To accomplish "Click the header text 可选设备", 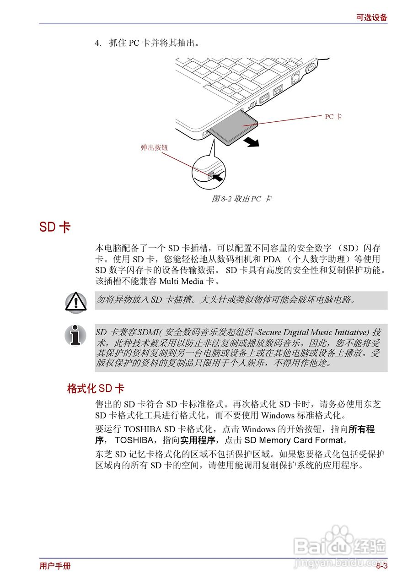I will coord(371,17).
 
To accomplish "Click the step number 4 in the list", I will coord(97,43).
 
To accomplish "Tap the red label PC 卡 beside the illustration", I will coord(333,117).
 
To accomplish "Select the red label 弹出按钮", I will coord(154,147).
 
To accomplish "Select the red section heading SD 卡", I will coord(54,227).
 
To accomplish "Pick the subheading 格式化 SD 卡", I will coord(95,389).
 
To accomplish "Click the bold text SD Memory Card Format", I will coord(293,440).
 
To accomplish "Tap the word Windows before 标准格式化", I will coord(278,416).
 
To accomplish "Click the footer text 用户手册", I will coord(55,566).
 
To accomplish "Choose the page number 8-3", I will coord(382,566).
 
